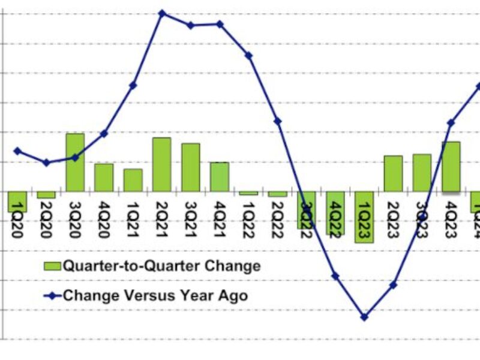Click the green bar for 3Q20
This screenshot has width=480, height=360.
coord(75,162)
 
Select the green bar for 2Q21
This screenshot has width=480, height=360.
coord(162,164)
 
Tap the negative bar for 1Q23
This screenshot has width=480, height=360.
coord(364,217)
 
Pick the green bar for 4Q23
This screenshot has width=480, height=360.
coord(451,167)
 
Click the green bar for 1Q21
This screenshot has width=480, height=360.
coord(133,180)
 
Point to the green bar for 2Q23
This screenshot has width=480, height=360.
coord(393,173)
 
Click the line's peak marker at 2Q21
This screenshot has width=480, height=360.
coord(162,13)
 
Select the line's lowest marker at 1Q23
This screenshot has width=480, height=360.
coord(364,317)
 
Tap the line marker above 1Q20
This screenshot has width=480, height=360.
coord(17,151)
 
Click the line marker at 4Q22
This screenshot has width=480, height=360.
coord(335,276)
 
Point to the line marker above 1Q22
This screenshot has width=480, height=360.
coord(249,55)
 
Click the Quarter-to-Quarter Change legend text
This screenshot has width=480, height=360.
coord(162,265)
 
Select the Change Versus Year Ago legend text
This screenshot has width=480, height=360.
coord(155,295)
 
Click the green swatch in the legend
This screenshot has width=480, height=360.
coord(52,266)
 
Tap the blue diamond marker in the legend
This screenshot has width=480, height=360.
coord(52,295)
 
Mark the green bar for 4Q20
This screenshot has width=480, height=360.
coord(104,178)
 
